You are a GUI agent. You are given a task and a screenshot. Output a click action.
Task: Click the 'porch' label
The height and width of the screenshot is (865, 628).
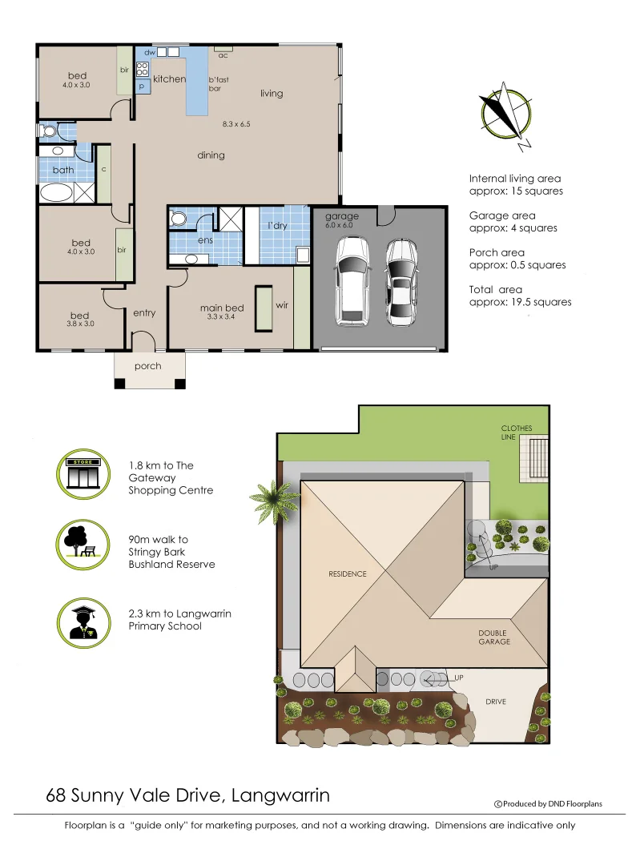click(x=147, y=366)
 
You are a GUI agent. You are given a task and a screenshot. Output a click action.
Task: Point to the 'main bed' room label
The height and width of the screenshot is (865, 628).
click(x=222, y=308)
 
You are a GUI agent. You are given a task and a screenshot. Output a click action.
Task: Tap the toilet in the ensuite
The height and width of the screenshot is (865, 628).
click(x=179, y=219)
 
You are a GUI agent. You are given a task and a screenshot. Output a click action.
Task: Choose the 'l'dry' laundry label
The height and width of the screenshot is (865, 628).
click(x=277, y=226)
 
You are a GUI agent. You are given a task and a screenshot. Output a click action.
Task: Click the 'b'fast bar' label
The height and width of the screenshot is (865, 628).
click(x=219, y=84)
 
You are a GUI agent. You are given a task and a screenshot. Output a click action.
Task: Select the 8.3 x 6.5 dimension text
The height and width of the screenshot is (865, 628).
click(x=236, y=124)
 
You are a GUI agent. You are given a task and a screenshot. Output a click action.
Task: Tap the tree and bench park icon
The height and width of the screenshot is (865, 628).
click(x=83, y=545)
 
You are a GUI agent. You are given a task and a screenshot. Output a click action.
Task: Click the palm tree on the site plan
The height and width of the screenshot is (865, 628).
click(x=276, y=503)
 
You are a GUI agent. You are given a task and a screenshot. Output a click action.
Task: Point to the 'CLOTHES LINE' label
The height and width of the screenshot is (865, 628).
click(x=516, y=433)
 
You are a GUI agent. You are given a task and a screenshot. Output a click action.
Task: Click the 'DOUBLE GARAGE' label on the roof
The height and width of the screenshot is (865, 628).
click(x=493, y=638)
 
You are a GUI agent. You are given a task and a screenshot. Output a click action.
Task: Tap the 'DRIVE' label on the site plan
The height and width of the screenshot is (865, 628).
click(x=496, y=702)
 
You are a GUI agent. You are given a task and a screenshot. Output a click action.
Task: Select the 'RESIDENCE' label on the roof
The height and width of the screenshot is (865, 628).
click(x=347, y=573)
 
